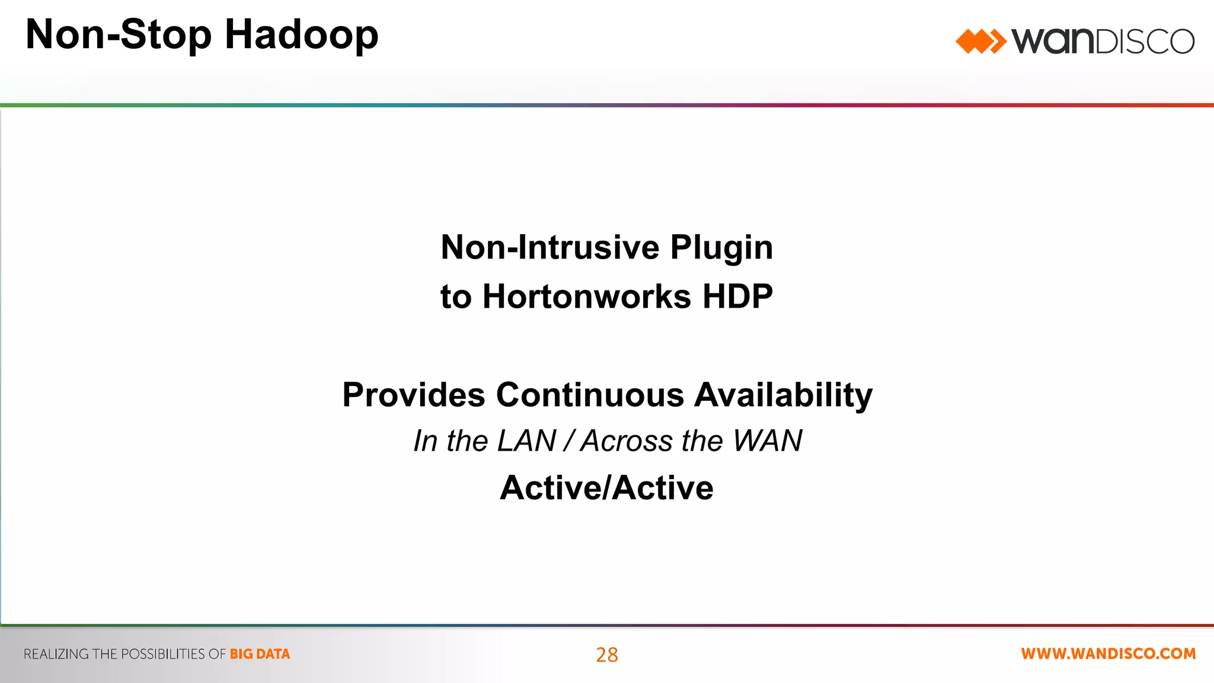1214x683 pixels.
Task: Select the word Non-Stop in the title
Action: click(119, 34)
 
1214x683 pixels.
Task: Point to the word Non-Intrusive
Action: click(550, 247)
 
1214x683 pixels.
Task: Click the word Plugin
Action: click(721, 248)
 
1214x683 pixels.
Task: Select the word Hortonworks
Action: click(587, 296)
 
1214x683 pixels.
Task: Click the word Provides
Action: click(414, 395)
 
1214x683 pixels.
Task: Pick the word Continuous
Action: click(590, 395)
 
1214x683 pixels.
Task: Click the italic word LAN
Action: click(527, 441)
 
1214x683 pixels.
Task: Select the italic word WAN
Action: click(768, 441)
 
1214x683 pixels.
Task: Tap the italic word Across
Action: click(626, 441)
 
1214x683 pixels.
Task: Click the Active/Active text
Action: click(606, 488)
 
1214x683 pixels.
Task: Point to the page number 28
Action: click(607, 655)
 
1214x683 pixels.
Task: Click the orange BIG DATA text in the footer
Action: click(260, 655)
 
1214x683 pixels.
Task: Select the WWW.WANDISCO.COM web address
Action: click(1108, 654)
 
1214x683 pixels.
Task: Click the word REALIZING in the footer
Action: click(56, 655)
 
